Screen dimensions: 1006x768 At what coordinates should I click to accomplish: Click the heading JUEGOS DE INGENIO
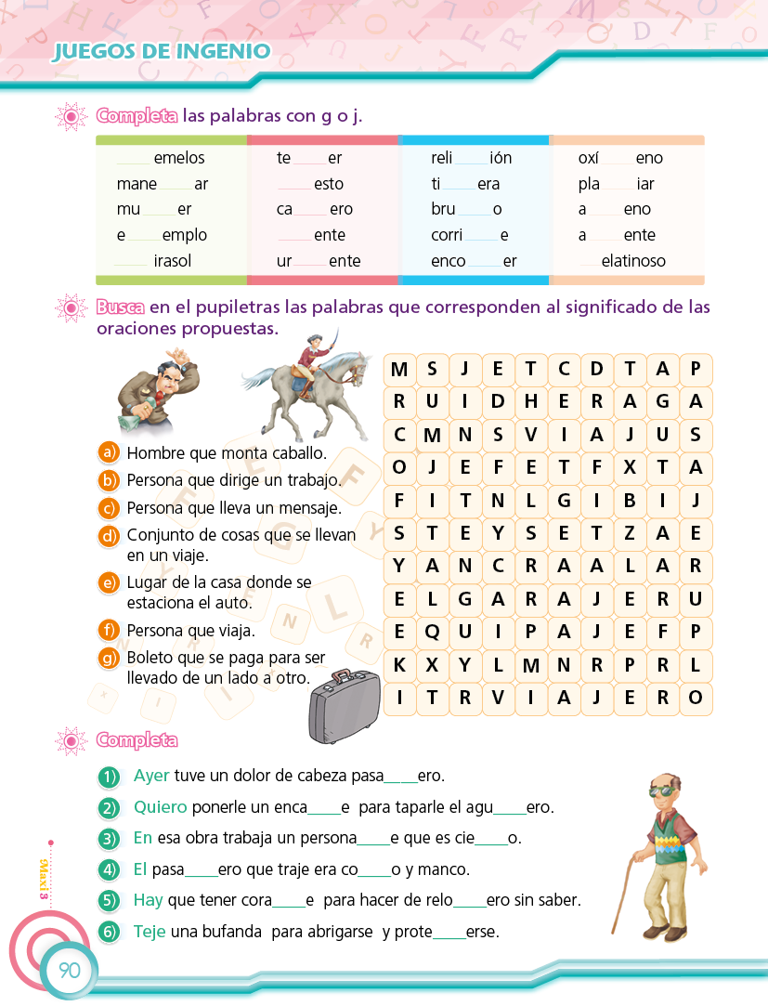[162, 51]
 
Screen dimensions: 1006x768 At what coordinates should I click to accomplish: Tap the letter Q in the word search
[433, 633]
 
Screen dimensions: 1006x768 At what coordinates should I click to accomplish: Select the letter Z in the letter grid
[630, 533]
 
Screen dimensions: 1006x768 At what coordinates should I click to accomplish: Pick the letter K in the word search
[399, 665]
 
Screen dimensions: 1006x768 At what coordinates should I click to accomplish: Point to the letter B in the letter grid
[630, 501]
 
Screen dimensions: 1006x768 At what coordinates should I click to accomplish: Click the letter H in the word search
[531, 402]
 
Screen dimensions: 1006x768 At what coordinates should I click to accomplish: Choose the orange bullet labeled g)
[110, 658]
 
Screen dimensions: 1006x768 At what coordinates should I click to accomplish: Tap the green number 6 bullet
[110, 931]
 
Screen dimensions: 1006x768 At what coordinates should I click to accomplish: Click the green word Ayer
[151, 775]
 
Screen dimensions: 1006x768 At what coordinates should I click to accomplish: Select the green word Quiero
[160, 806]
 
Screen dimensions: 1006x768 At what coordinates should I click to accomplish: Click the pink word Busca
[118, 307]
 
